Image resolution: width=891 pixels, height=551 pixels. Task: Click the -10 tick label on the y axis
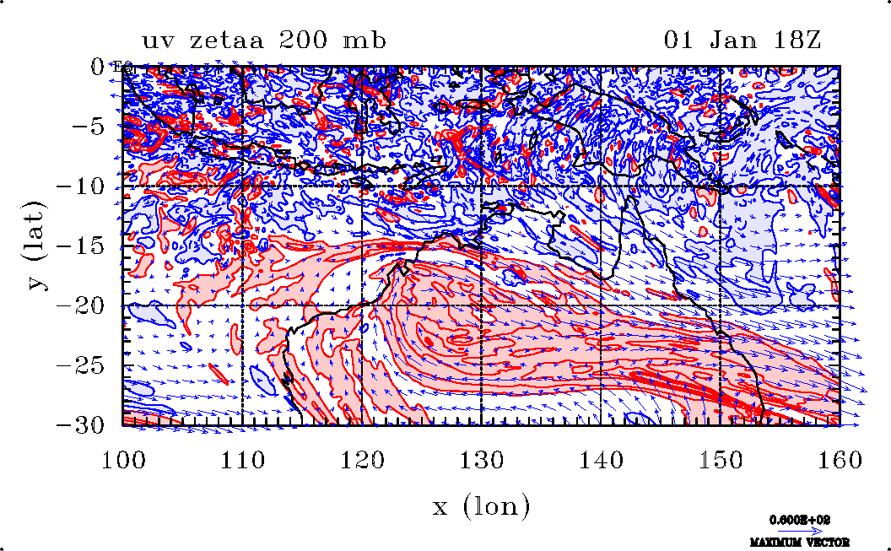tap(89, 186)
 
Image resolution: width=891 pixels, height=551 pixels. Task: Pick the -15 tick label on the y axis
tap(89, 246)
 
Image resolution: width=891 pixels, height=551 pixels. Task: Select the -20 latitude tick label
tap(89, 306)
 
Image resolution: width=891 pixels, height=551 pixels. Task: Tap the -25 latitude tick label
tap(89, 366)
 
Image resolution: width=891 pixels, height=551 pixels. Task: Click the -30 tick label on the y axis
tap(89, 425)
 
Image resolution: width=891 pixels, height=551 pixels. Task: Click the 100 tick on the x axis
tap(123, 461)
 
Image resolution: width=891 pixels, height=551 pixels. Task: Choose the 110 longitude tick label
tap(243, 461)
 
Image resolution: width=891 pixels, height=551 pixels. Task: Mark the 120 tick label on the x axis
tap(363, 461)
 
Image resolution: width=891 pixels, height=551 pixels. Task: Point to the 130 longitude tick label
tap(482, 461)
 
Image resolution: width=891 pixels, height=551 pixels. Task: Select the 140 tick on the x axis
tap(602, 461)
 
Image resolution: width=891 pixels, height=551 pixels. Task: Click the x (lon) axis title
tap(481, 506)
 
